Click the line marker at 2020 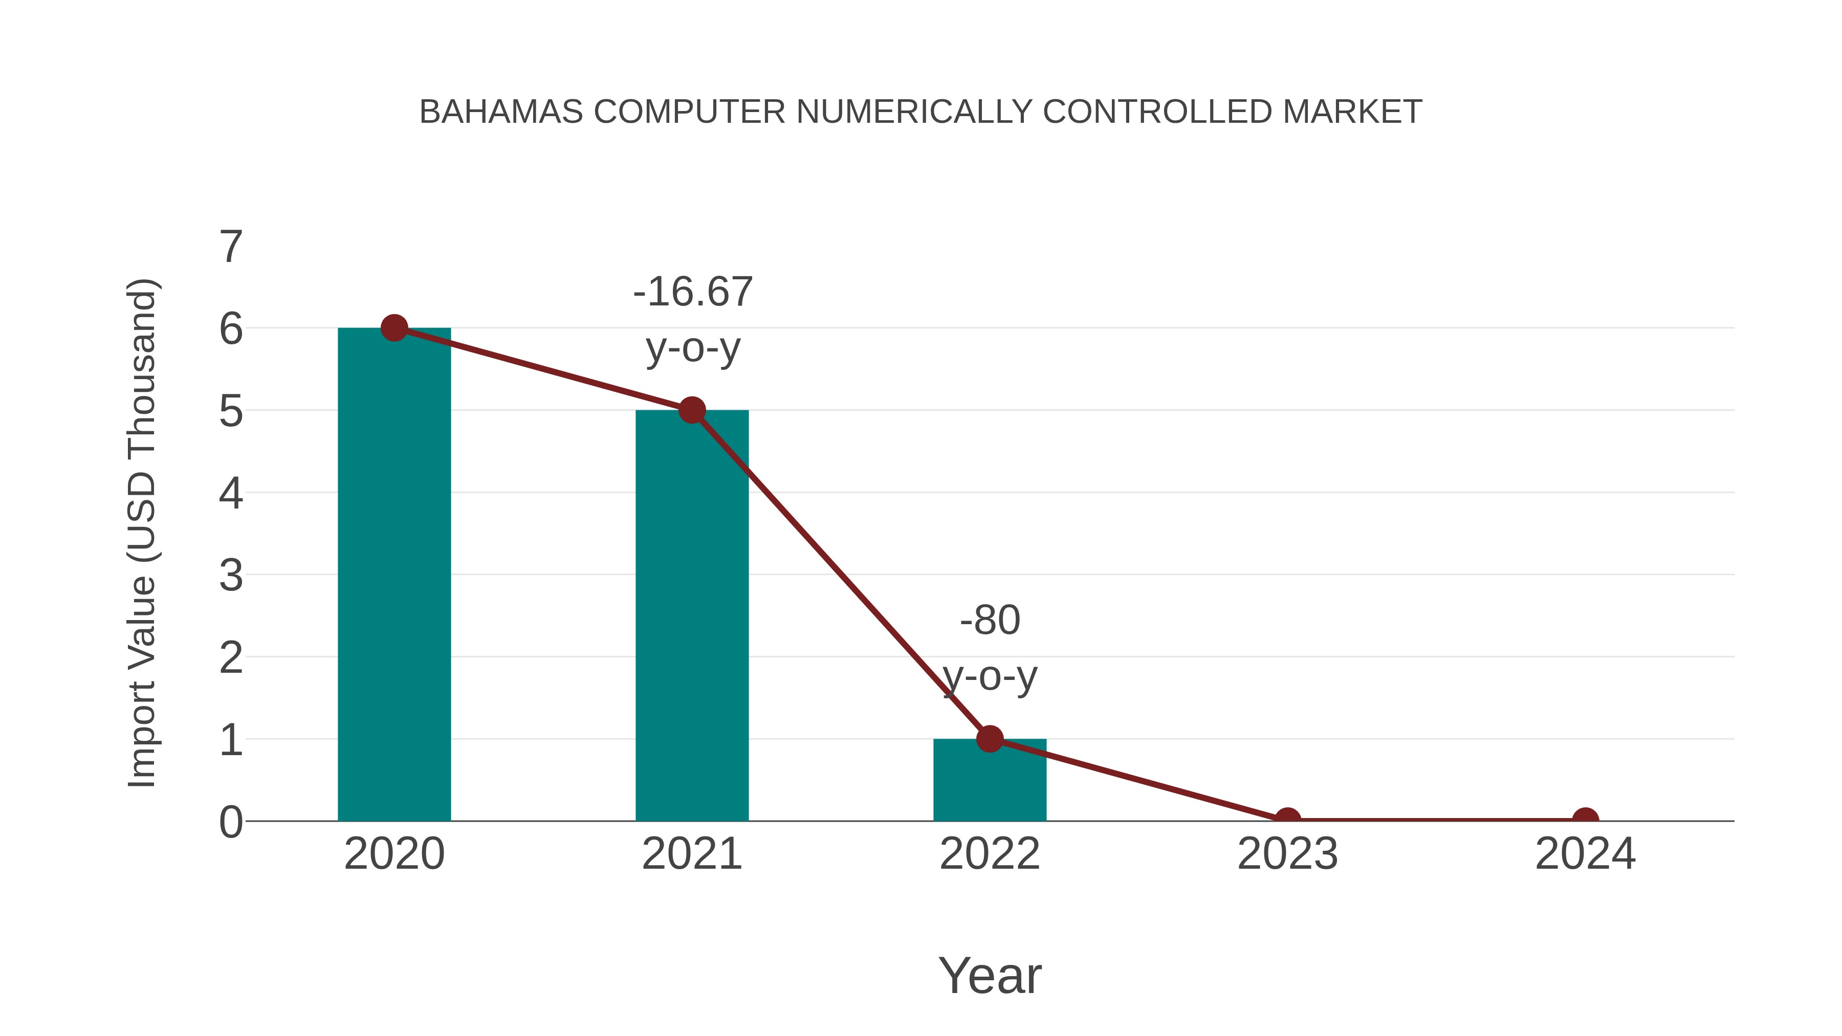click(394, 328)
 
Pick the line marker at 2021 click(691, 410)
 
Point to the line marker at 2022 click(989, 739)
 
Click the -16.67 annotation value click(693, 292)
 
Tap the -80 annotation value click(990, 620)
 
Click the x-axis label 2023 click(1287, 854)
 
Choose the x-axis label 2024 click(1585, 854)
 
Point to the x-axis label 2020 click(394, 854)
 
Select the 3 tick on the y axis click(231, 576)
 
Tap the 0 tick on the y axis click(231, 822)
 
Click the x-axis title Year click(990, 975)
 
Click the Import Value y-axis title click(142, 533)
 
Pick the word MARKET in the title click(1351, 112)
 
